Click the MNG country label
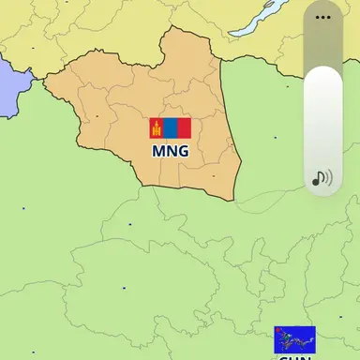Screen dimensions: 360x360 coord(170,150)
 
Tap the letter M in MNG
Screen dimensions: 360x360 coord(159,150)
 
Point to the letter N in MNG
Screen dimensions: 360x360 coord(171,150)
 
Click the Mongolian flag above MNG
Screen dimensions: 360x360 coord(170,128)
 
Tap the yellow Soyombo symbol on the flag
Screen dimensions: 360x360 coord(156,128)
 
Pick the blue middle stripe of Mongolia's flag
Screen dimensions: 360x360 coord(170,128)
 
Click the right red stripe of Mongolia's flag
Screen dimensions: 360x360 coord(184,128)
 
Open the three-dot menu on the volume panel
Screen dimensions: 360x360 coord(323,16)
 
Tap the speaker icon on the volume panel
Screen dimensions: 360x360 coord(322,177)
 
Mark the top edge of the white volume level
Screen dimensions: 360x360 coord(323,67)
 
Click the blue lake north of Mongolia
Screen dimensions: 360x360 coord(253,19)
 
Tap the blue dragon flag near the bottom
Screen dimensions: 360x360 coord(294,338)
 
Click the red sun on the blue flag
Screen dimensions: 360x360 coord(280,332)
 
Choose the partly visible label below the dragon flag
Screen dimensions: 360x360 coord(294,356)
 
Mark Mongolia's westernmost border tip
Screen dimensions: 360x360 coord(43,80)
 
